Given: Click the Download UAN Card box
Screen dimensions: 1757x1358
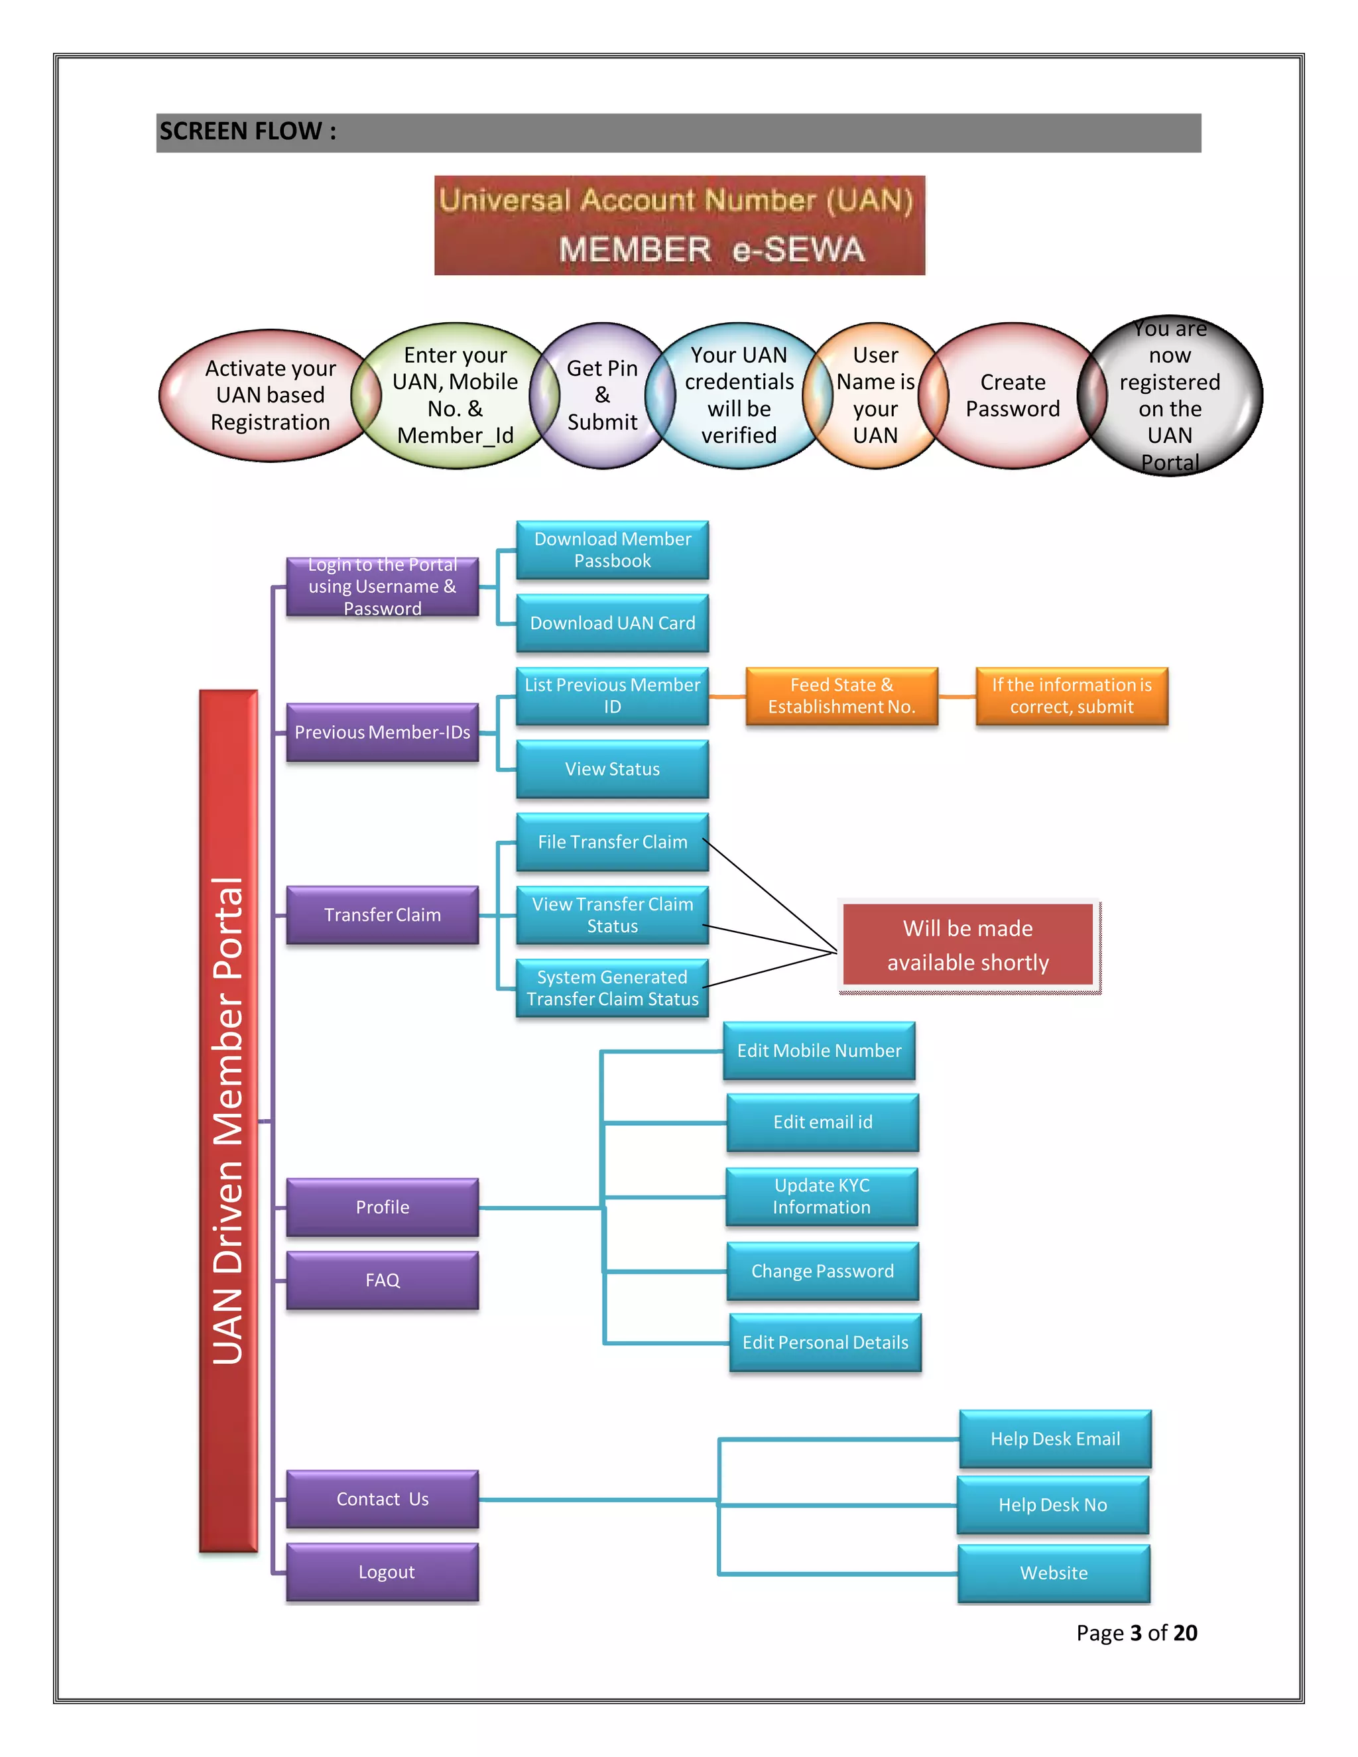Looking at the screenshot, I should (x=612, y=623).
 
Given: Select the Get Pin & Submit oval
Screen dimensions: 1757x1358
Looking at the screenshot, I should (x=602, y=395).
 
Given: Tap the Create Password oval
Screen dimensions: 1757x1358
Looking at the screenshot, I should (x=1012, y=395).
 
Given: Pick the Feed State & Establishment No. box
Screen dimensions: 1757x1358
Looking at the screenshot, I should (x=841, y=696).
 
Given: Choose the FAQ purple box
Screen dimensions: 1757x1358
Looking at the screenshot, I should (x=382, y=1280).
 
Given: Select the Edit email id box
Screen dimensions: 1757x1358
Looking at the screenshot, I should (x=822, y=1122).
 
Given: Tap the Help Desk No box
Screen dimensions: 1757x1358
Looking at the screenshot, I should (x=1052, y=1504).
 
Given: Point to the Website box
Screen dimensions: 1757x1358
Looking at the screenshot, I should (x=1053, y=1573).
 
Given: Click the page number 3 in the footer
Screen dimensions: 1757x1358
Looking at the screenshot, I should (x=1136, y=1633).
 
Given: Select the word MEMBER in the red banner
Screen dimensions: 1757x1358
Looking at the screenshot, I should (x=635, y=250).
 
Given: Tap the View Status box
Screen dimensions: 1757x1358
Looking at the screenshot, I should (x=612, y=769).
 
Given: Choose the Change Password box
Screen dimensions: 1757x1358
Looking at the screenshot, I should (x=822, y=1271).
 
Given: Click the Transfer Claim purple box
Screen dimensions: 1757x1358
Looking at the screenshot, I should (x=382, y=915).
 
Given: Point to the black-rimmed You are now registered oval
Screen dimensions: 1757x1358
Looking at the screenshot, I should (x=1170, y=395).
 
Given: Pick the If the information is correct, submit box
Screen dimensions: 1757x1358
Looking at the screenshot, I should (x=1072, y=696).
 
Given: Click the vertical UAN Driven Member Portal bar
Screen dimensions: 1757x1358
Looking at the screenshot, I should (x=229, y=1120).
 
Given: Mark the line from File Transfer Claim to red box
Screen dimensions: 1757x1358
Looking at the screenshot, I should (x=770, y=895).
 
